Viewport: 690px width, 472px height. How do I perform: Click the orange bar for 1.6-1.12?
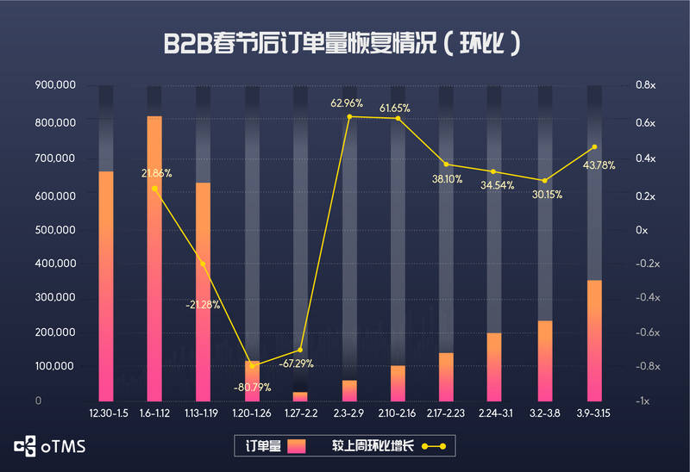[154, 258]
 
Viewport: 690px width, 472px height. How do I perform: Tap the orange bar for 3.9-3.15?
[594, 340]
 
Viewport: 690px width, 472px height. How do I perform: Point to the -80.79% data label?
[252, 386]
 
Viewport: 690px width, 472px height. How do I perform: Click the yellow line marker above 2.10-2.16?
[398, 118]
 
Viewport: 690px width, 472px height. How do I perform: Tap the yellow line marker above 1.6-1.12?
[154, 188]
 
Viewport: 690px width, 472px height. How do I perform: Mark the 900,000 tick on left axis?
[55, 85]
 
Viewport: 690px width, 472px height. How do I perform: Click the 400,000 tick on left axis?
[55, 264]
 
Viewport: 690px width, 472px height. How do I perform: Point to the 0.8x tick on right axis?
[646, 85]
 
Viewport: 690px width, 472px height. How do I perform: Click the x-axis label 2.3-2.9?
[349, 414]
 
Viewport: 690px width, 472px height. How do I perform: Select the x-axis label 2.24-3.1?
[495, 414]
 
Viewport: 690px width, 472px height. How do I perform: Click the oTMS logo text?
[63, 447]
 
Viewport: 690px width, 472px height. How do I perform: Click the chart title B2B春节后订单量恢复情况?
[344, 44]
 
